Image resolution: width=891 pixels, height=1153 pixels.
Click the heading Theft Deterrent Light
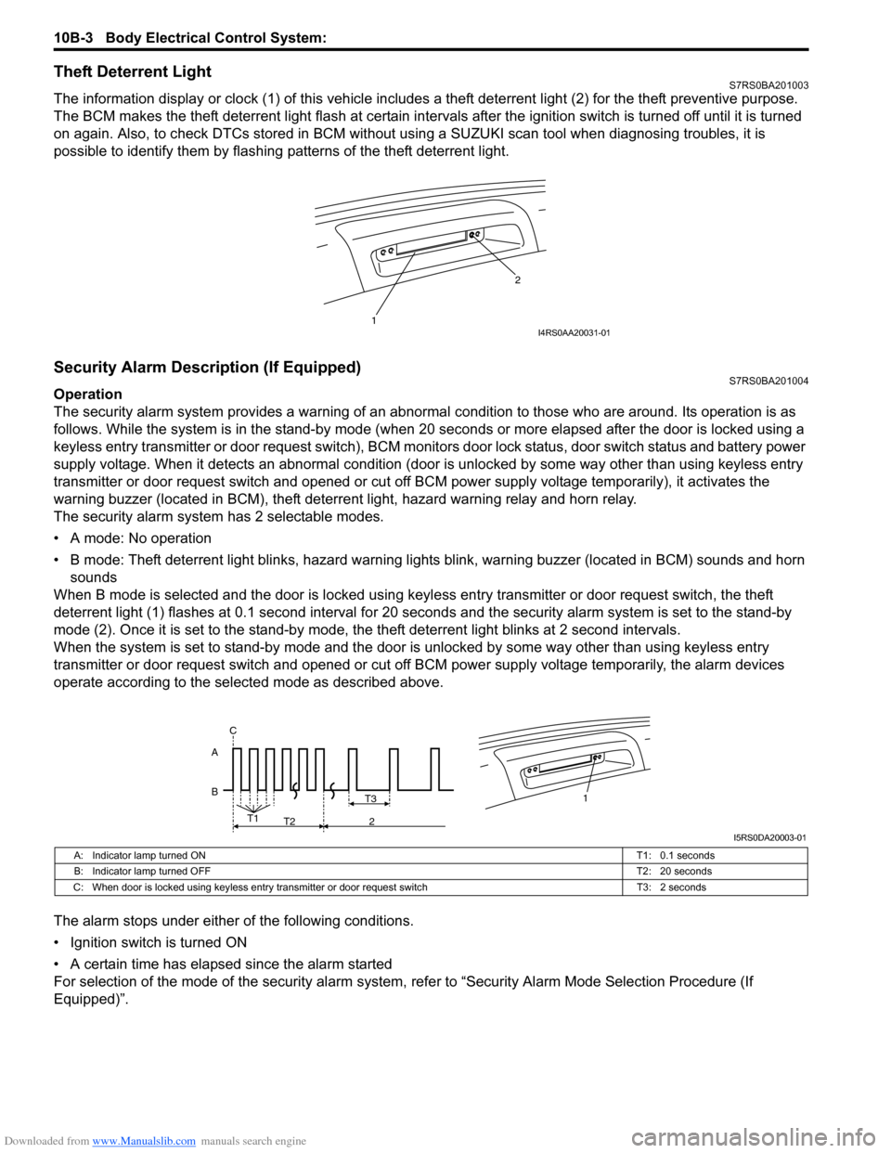(133, 72)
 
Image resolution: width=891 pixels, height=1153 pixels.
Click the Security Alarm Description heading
(207, 368)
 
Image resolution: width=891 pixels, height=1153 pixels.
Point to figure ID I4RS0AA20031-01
(575, 332)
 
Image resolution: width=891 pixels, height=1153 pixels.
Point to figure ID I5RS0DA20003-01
(769, 837)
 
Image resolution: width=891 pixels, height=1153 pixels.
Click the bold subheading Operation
(88, 394)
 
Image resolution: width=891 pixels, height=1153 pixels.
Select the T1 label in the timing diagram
(252, 818)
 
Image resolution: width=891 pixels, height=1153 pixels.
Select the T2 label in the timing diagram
(290, 822)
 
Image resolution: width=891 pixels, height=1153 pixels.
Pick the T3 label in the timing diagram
(370, 798)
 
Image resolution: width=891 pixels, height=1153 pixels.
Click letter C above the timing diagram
(233, 731)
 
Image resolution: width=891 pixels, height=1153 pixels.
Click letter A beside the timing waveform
(214, 753)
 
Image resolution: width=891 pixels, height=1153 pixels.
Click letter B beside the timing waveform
(214, 792)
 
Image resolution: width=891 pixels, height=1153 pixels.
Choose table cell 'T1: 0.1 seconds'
(676, 855)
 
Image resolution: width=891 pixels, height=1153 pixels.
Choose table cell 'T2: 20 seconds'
(674, 871)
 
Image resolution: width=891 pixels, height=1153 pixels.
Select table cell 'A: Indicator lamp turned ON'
(140, 855)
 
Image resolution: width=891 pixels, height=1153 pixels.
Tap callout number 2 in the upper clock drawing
(518, 279)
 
